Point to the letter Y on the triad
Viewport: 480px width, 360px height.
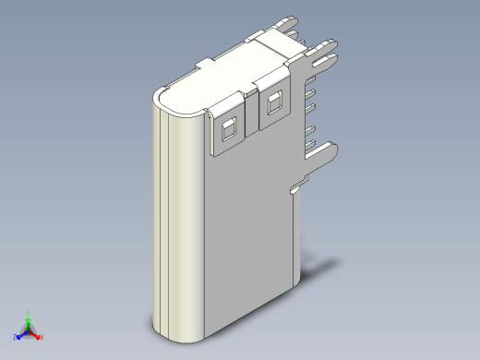(x=29, y=313)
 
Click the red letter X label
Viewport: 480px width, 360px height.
(x=42, y=336)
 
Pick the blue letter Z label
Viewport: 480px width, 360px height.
(x=15, y=337)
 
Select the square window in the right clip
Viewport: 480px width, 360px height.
(x=272, y=103)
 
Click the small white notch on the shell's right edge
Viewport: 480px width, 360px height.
(x=294, y=188)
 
